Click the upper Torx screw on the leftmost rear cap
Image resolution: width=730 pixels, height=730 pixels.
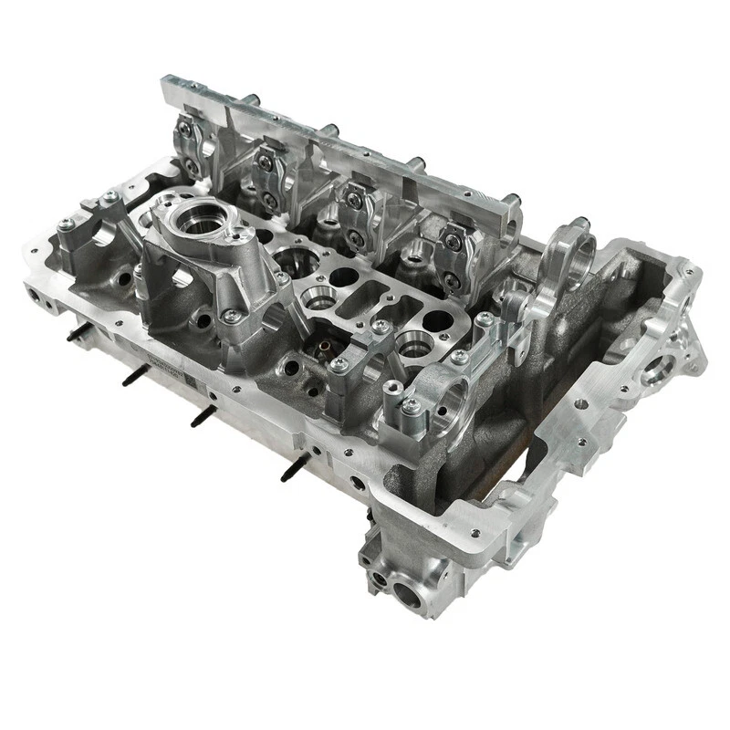tap(191, 134)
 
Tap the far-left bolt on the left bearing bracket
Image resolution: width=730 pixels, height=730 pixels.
tap(65, 224)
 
